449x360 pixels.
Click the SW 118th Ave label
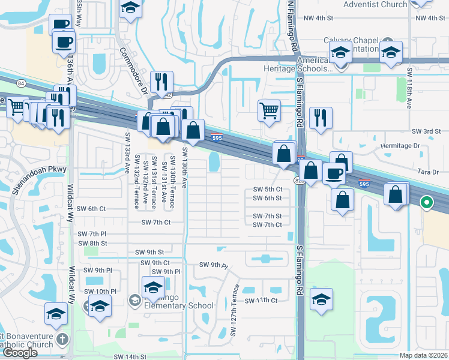pyautogui.click(x=410, y=88)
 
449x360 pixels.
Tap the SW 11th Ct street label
pyautogui.click(x=261, y=300)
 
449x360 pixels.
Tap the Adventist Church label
pyautogui.click(x=375, y=5)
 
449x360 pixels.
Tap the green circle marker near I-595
pyautogui.click(x=427, y=203)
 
